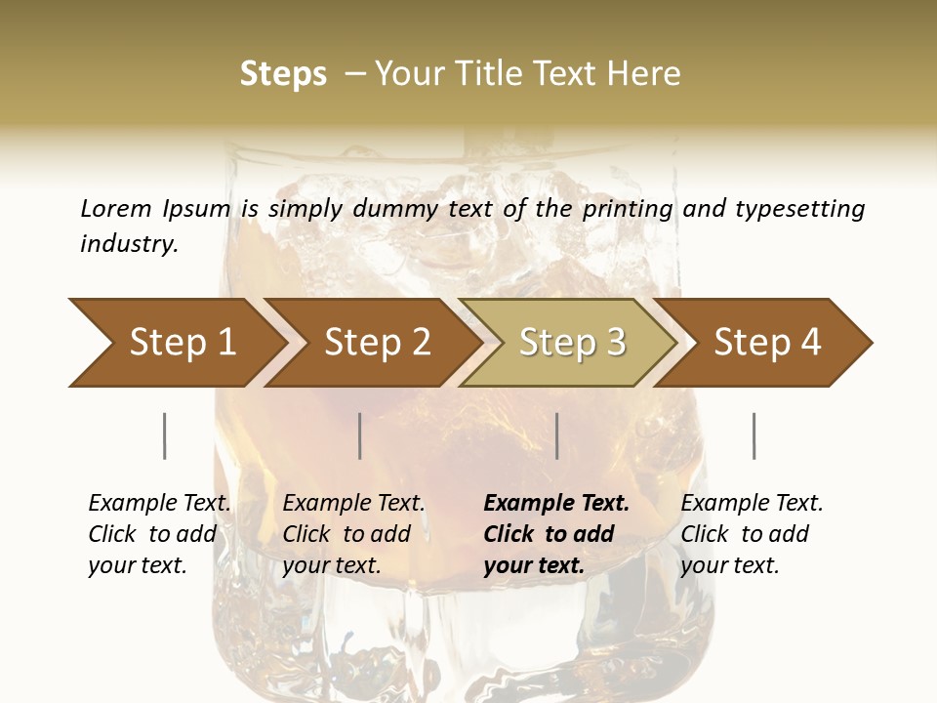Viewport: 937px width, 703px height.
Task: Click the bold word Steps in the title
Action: point(283,73)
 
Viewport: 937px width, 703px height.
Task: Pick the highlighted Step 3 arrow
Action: point(572,343)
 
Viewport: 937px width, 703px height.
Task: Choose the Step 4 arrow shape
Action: point(767,343)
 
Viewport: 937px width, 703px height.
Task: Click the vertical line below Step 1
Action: point(165,435)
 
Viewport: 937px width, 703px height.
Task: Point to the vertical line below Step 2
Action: point(360,435)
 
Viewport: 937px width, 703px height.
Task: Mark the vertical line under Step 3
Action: point(557,435)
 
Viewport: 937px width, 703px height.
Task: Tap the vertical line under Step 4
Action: point(754,435)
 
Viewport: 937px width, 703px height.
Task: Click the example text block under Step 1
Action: point(159,534)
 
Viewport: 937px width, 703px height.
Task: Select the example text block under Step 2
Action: point(353,534)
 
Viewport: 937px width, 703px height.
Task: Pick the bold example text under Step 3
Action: point(556,534)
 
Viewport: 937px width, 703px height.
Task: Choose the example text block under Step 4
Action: point(752,534)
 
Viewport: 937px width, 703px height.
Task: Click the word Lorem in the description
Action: point(116,208)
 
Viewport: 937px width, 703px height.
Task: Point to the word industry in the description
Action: point(129,243)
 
